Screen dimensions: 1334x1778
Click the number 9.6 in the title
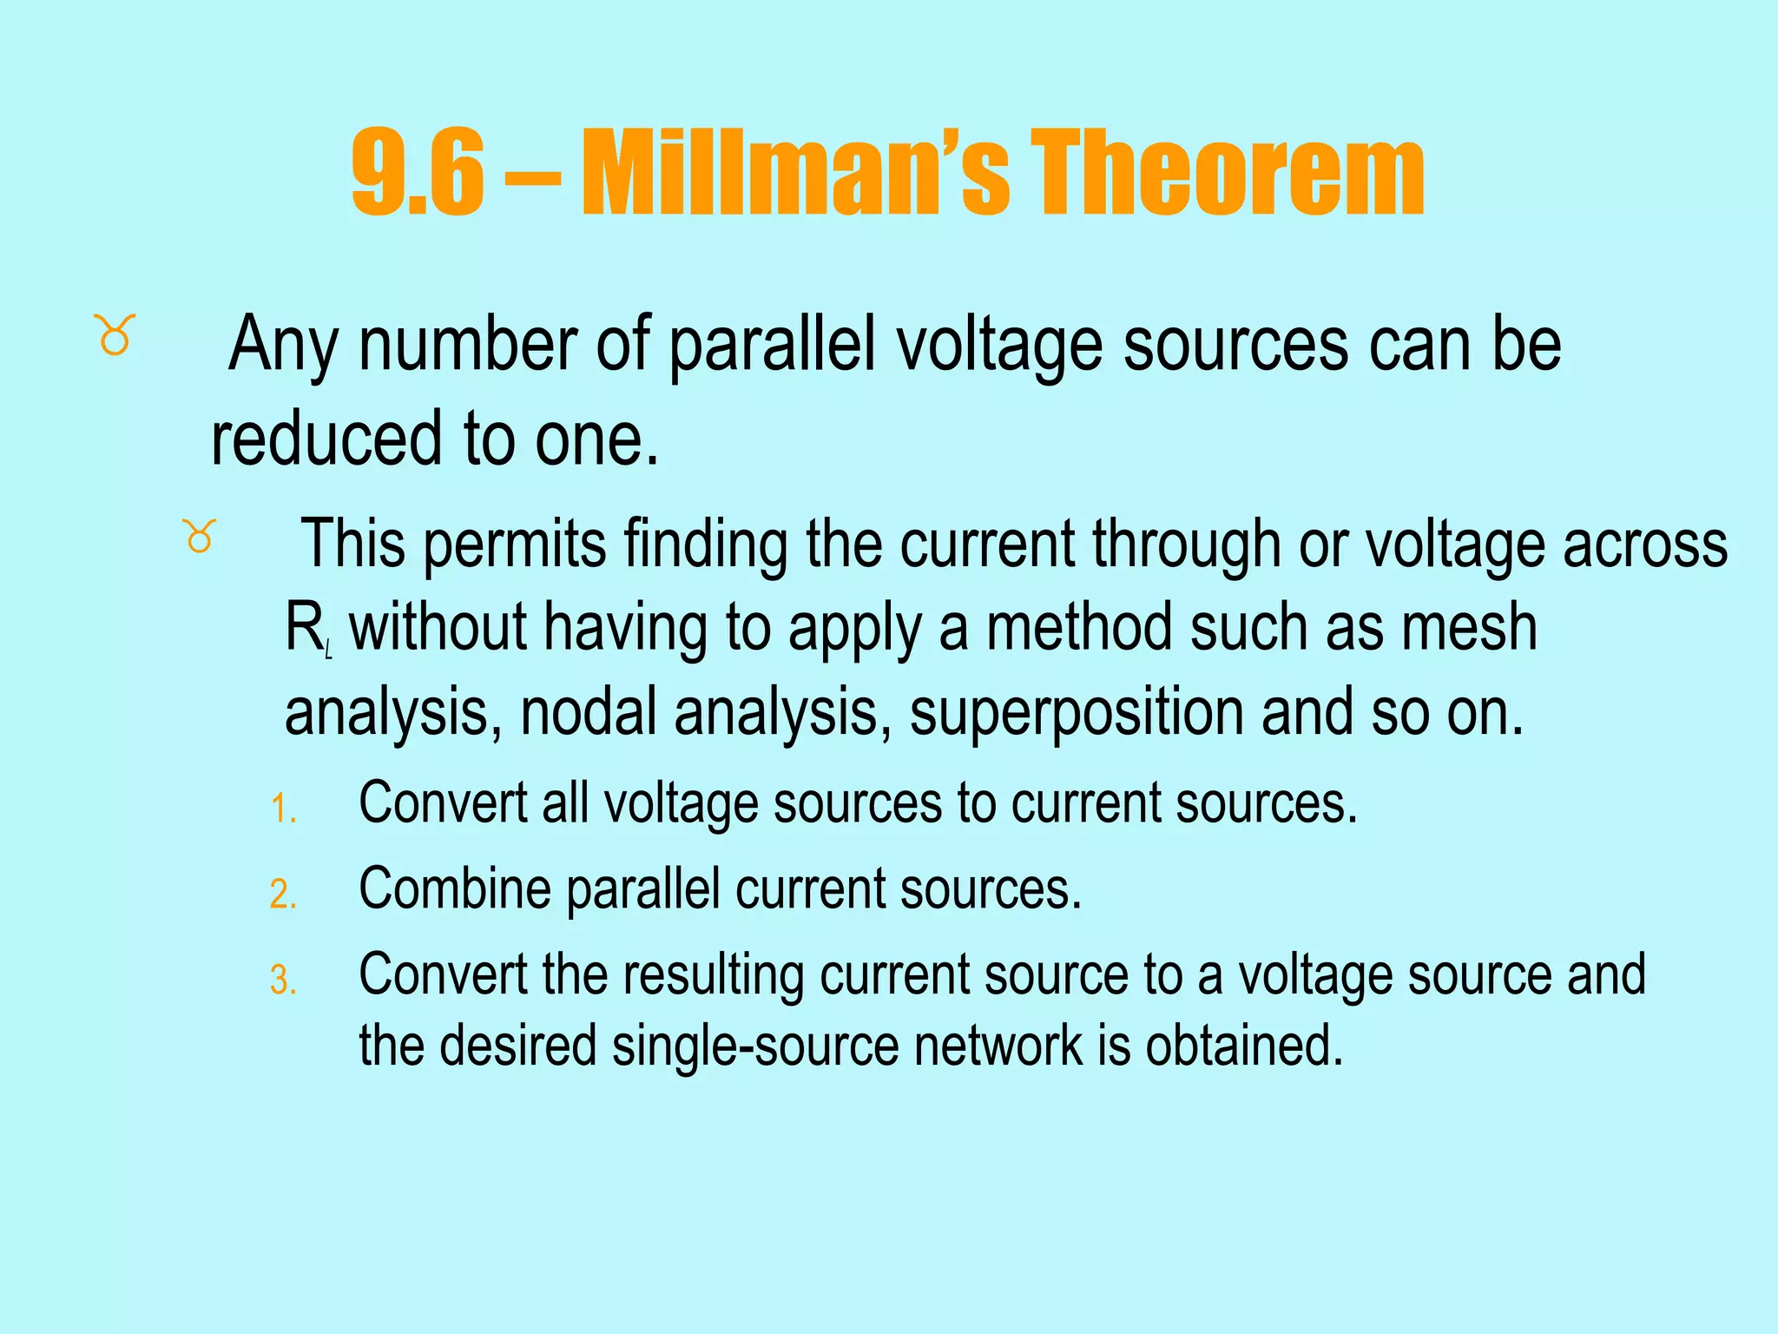(417, 174)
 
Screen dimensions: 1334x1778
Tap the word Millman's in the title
(794, 174)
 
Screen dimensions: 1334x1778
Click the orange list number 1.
(283, 809)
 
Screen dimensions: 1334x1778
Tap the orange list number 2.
(283, 895)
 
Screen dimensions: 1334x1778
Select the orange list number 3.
(283, 981)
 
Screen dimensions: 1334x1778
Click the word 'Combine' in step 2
(454, 889)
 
